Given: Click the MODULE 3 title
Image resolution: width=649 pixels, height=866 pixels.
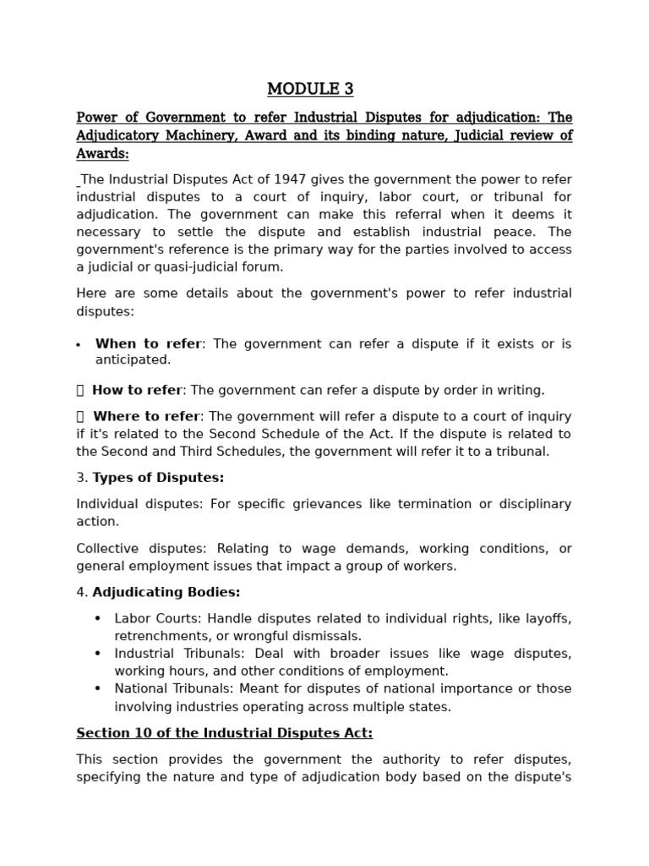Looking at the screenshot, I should [310, 89].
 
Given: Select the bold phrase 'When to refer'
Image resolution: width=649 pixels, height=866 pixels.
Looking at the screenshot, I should [149, 343].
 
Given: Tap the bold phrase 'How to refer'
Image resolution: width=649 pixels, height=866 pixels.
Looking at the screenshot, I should [137, 390].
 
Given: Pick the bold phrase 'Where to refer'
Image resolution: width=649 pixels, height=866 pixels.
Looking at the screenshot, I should [146, 416].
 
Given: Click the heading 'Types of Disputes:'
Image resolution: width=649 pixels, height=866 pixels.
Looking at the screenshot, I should [158, 478].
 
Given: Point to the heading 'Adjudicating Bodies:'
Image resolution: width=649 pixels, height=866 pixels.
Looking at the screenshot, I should [166, 592].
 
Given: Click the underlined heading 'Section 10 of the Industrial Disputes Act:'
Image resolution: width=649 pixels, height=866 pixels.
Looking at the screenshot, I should [224, 732].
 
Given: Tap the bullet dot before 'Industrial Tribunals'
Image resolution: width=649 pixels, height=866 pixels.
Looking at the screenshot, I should [97, 654].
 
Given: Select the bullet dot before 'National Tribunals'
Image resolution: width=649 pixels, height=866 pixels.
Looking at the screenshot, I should [97, 688].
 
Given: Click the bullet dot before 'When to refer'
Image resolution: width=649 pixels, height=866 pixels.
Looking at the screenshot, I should [79, 345].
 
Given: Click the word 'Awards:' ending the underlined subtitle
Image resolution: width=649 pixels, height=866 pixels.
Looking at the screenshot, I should [102, 154].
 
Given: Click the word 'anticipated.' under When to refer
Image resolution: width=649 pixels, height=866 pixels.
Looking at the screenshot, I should [133, 359].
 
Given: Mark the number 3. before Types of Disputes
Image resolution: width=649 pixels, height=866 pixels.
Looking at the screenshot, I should [82, 478].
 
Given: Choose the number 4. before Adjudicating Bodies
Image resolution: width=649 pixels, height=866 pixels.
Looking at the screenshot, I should [82, 592].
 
